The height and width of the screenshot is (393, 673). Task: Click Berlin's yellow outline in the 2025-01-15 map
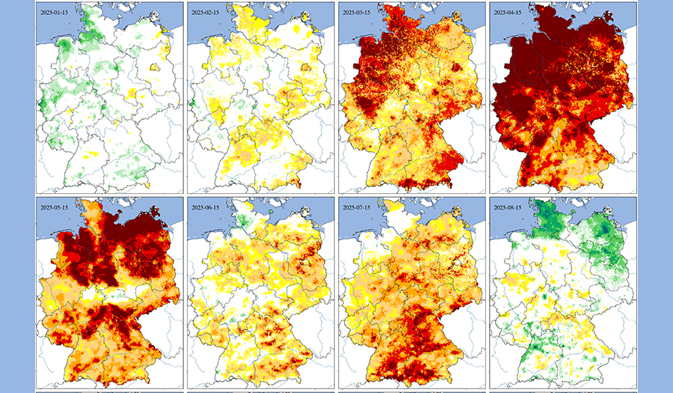156,70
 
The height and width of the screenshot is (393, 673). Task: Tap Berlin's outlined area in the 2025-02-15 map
307,70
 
